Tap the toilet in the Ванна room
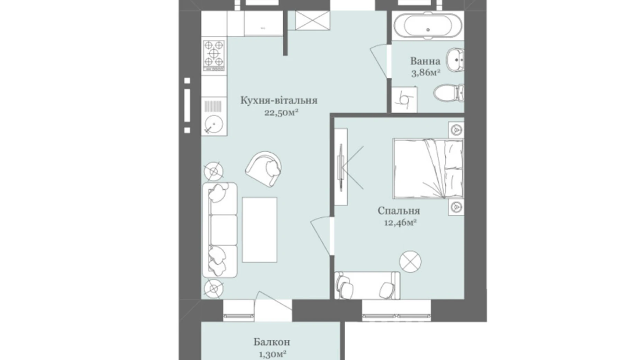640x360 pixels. (x=449, y=93)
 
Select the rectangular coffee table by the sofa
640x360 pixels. (x=259, y=230)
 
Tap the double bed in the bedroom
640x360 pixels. (x=428, y=169)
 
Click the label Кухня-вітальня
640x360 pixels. (x=279, y=101)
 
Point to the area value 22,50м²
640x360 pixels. (x=281, y=113)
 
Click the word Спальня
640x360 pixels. (x=399, y=211)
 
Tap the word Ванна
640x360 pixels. (x=425, y=61)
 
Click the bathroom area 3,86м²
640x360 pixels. (x=426, y=73)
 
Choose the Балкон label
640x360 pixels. (x=272, y=342)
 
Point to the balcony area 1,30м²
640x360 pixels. (x=272, y=354)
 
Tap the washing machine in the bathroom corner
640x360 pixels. (x=404, y=99)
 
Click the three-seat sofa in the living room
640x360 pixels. (x=219, y=230)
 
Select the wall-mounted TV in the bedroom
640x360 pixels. (x=341, y=167)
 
